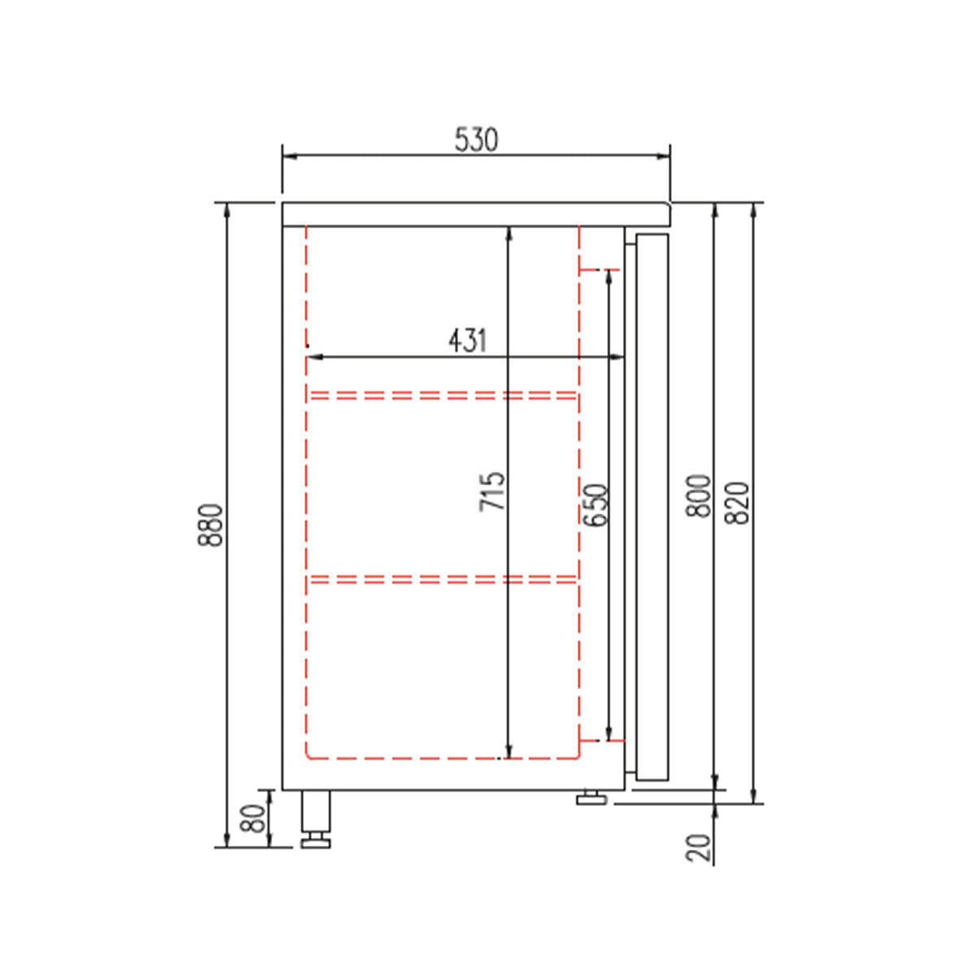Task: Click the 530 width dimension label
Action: tap(476, 140)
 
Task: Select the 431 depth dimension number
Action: tap(467, 340)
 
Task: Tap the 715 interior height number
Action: tap(493, 492)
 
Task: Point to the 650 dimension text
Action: tap(596, 505)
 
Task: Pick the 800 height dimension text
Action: tap(699, 496)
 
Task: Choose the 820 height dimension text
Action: tap(736, 503)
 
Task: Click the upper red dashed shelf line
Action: tap(443, 396)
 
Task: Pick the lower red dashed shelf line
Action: tap(443, 579)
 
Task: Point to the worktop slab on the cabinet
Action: tap(476, 213)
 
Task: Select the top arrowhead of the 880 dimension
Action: tap(226, 208)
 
